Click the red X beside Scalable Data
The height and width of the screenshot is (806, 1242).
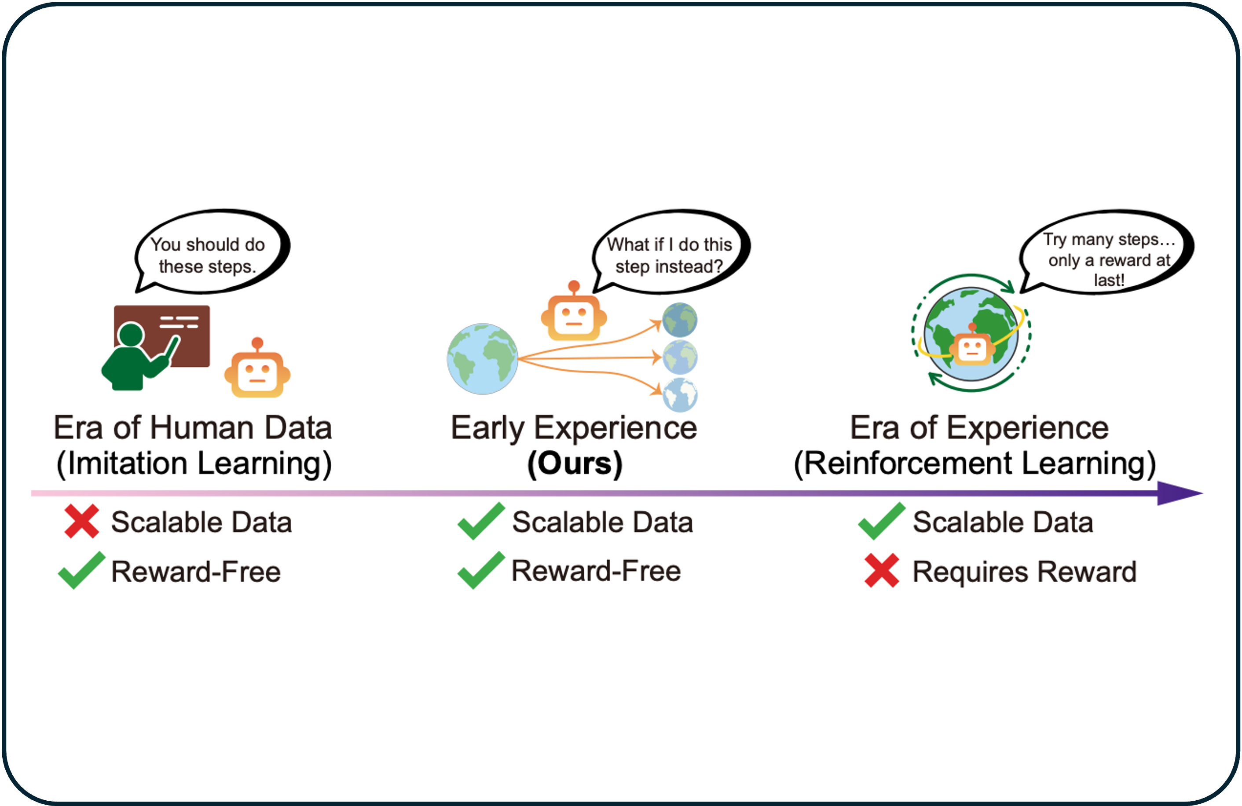click(x=81, y=521)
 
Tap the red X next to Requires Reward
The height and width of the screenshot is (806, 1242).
click(x=881, y=571)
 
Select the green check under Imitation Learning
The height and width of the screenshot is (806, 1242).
click(x=81, y=571)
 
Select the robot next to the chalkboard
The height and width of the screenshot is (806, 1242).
click(x=257, y=370)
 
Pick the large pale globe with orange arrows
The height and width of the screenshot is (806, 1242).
click(x=482, y=359)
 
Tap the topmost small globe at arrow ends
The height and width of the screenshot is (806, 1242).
click(x=679, y=320)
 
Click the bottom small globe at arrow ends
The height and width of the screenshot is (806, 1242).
click(x=679, y=394)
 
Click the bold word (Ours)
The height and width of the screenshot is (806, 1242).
click(x=575, y=463)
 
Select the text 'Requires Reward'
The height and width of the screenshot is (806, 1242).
click(x=1024, y=572)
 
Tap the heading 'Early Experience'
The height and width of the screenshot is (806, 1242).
click(x=574, y=428)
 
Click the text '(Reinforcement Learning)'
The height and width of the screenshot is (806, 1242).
click(x=975, y=463)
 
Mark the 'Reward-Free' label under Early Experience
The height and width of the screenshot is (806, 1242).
click(x=596, y=571)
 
